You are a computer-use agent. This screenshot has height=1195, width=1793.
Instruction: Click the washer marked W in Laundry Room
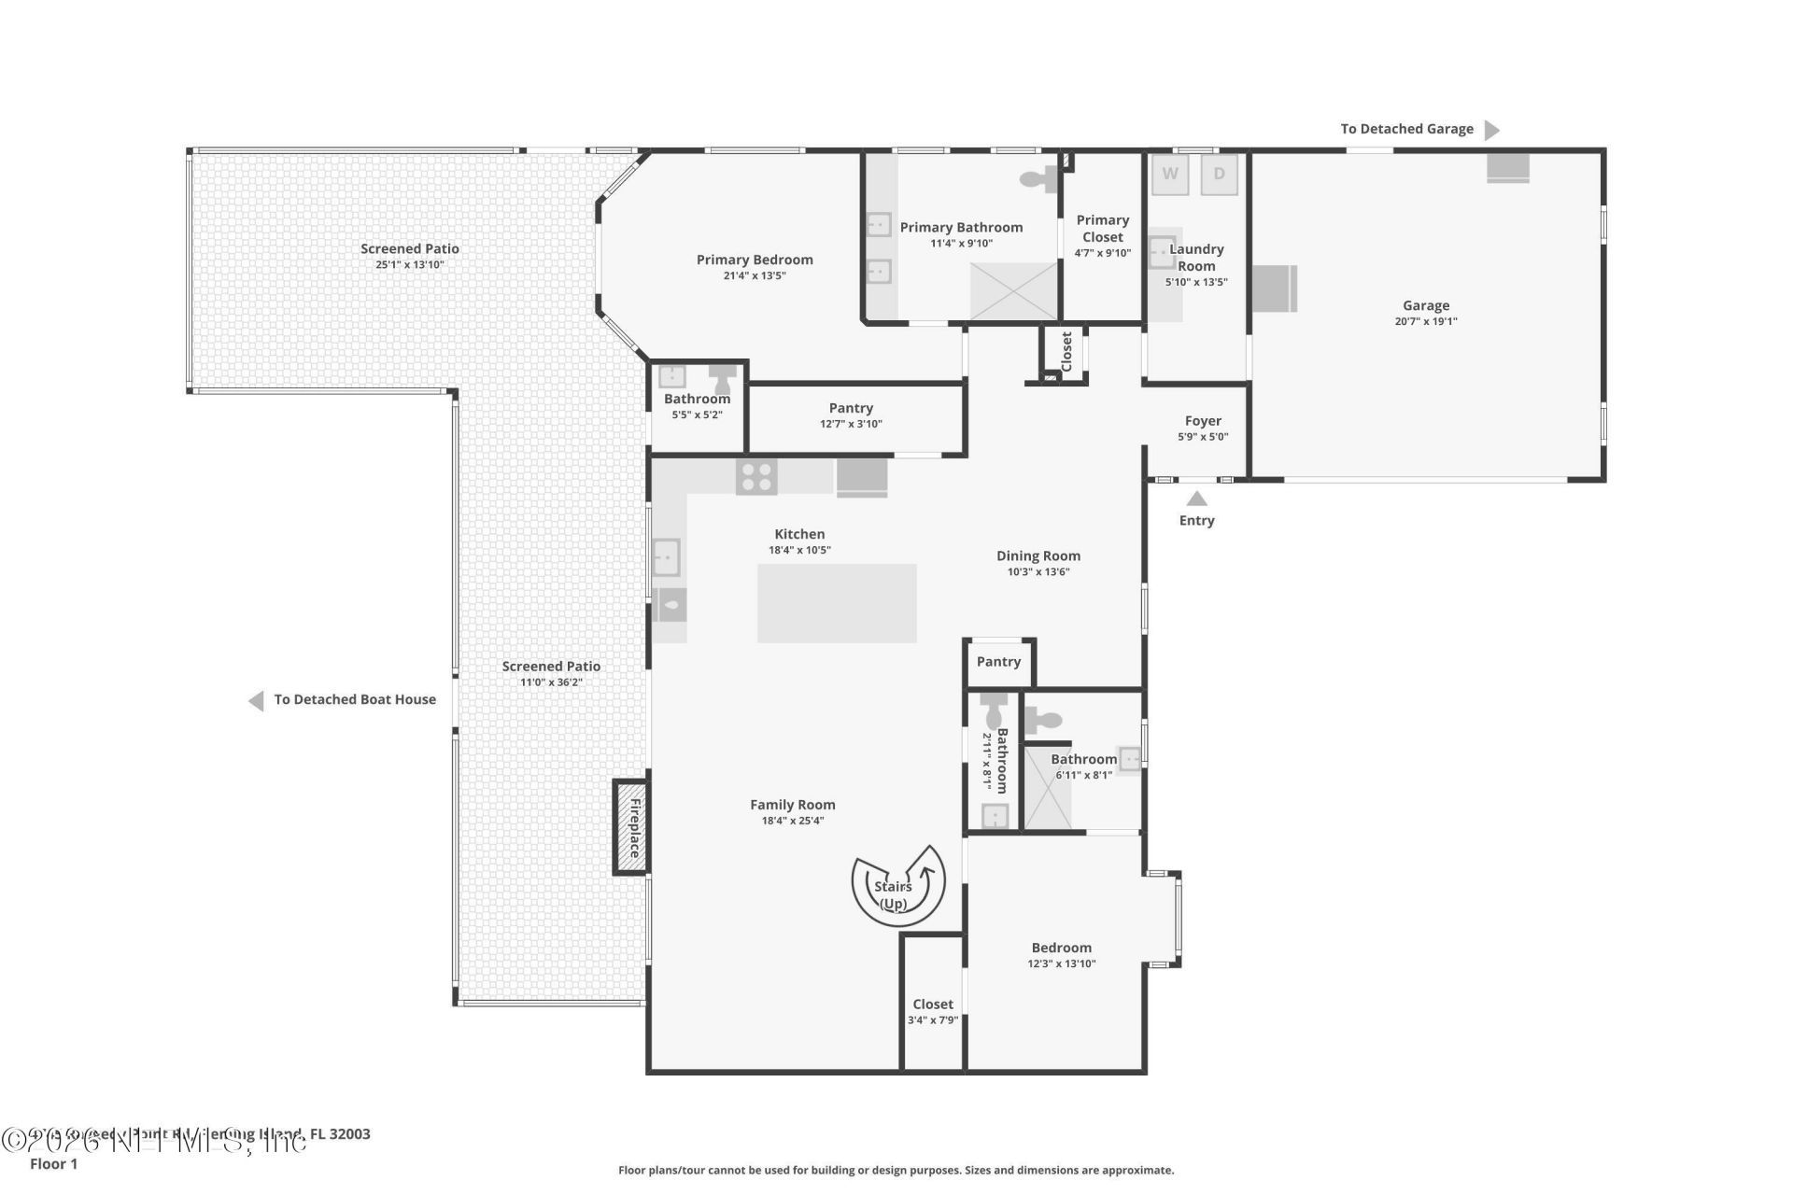point(1170,175)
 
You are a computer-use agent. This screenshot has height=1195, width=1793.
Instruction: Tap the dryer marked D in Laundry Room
point(1219,175)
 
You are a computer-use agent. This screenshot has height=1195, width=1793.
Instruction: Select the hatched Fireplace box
point(631,827)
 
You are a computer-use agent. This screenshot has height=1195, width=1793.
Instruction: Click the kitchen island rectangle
point(836,603)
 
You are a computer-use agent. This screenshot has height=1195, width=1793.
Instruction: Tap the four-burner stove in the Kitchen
point(756,477)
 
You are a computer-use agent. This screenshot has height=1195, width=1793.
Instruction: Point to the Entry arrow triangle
point(1196,499)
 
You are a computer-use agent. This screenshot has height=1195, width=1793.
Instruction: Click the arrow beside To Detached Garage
point(1491,130)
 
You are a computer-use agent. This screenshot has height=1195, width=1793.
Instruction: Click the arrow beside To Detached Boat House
point(256,700)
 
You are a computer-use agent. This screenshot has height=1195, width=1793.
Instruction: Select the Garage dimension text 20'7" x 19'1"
point(1425,321)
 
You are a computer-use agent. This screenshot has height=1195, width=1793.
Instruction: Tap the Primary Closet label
point(1102,229)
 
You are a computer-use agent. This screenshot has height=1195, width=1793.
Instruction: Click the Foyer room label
point(1203,421)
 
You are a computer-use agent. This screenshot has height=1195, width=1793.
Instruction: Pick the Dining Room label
point(1038,555)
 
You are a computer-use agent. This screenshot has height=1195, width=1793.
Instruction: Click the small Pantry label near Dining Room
point(998,661)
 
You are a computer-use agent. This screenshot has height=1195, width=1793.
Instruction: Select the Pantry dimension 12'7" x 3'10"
point(851,424)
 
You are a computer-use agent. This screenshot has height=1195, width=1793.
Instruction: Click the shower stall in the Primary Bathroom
point(1013,291)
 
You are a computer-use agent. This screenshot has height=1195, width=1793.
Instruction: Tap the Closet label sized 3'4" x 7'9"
point(933,1005)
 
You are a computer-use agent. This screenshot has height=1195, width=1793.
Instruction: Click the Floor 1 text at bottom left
point(53,1163)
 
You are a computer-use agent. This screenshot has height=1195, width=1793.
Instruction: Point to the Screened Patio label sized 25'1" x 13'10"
point(410,248)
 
